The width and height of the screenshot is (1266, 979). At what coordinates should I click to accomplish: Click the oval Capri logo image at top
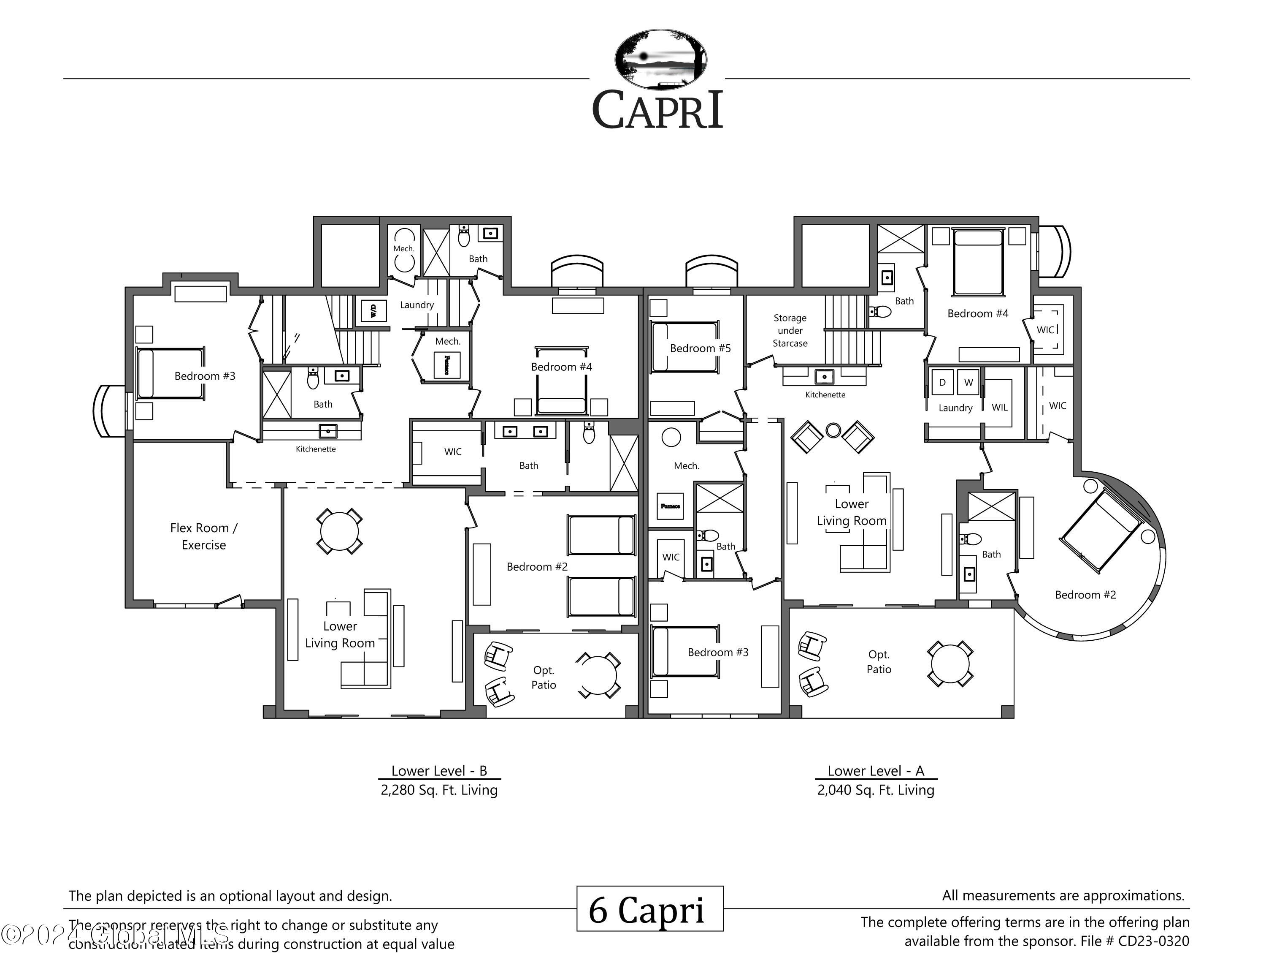[x=660, y=60]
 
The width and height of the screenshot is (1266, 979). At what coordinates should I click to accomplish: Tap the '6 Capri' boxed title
[x=649, y=909]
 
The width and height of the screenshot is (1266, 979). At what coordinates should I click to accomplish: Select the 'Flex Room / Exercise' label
[x=203, y=536]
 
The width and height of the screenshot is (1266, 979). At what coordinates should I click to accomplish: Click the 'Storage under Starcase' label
[x=790, y=331]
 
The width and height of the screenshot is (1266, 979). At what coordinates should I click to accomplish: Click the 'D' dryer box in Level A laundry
[x=942, y=382]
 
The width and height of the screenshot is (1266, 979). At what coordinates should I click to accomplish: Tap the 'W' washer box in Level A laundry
[x=968, y=382]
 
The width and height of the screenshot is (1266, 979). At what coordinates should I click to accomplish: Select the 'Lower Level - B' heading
[x=439, y=771]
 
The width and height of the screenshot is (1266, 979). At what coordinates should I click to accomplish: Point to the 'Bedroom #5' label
[x=700, y=348]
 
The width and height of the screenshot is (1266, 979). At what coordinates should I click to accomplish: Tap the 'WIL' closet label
[x=999, y=407]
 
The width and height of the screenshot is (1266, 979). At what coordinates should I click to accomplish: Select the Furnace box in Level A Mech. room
[x=670, y=506]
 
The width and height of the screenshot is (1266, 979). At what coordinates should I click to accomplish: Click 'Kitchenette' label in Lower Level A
[x=825, y=394]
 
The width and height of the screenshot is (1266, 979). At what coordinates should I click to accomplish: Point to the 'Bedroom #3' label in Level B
[x=205, y=376]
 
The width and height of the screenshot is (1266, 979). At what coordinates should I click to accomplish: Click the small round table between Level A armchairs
[x=833, y=430]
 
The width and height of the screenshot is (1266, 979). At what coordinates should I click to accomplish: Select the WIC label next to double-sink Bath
[x=453, y=451]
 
